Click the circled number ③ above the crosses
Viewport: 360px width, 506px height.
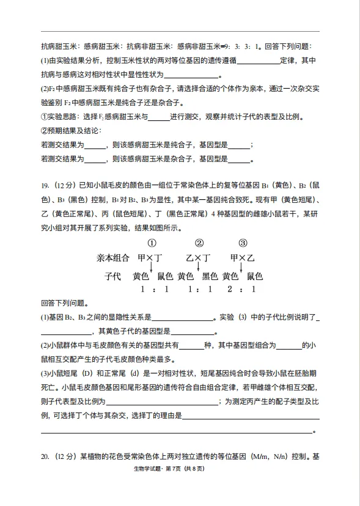(243, 243)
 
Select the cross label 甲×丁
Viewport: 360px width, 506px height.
(150, 258)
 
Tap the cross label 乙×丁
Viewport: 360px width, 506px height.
(199, 258)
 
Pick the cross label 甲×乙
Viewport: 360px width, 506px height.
(243, 258)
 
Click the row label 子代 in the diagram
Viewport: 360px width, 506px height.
(112, 276)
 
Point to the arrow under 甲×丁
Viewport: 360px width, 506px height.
(151, 267)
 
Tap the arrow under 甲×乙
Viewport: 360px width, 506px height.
(243, 267)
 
